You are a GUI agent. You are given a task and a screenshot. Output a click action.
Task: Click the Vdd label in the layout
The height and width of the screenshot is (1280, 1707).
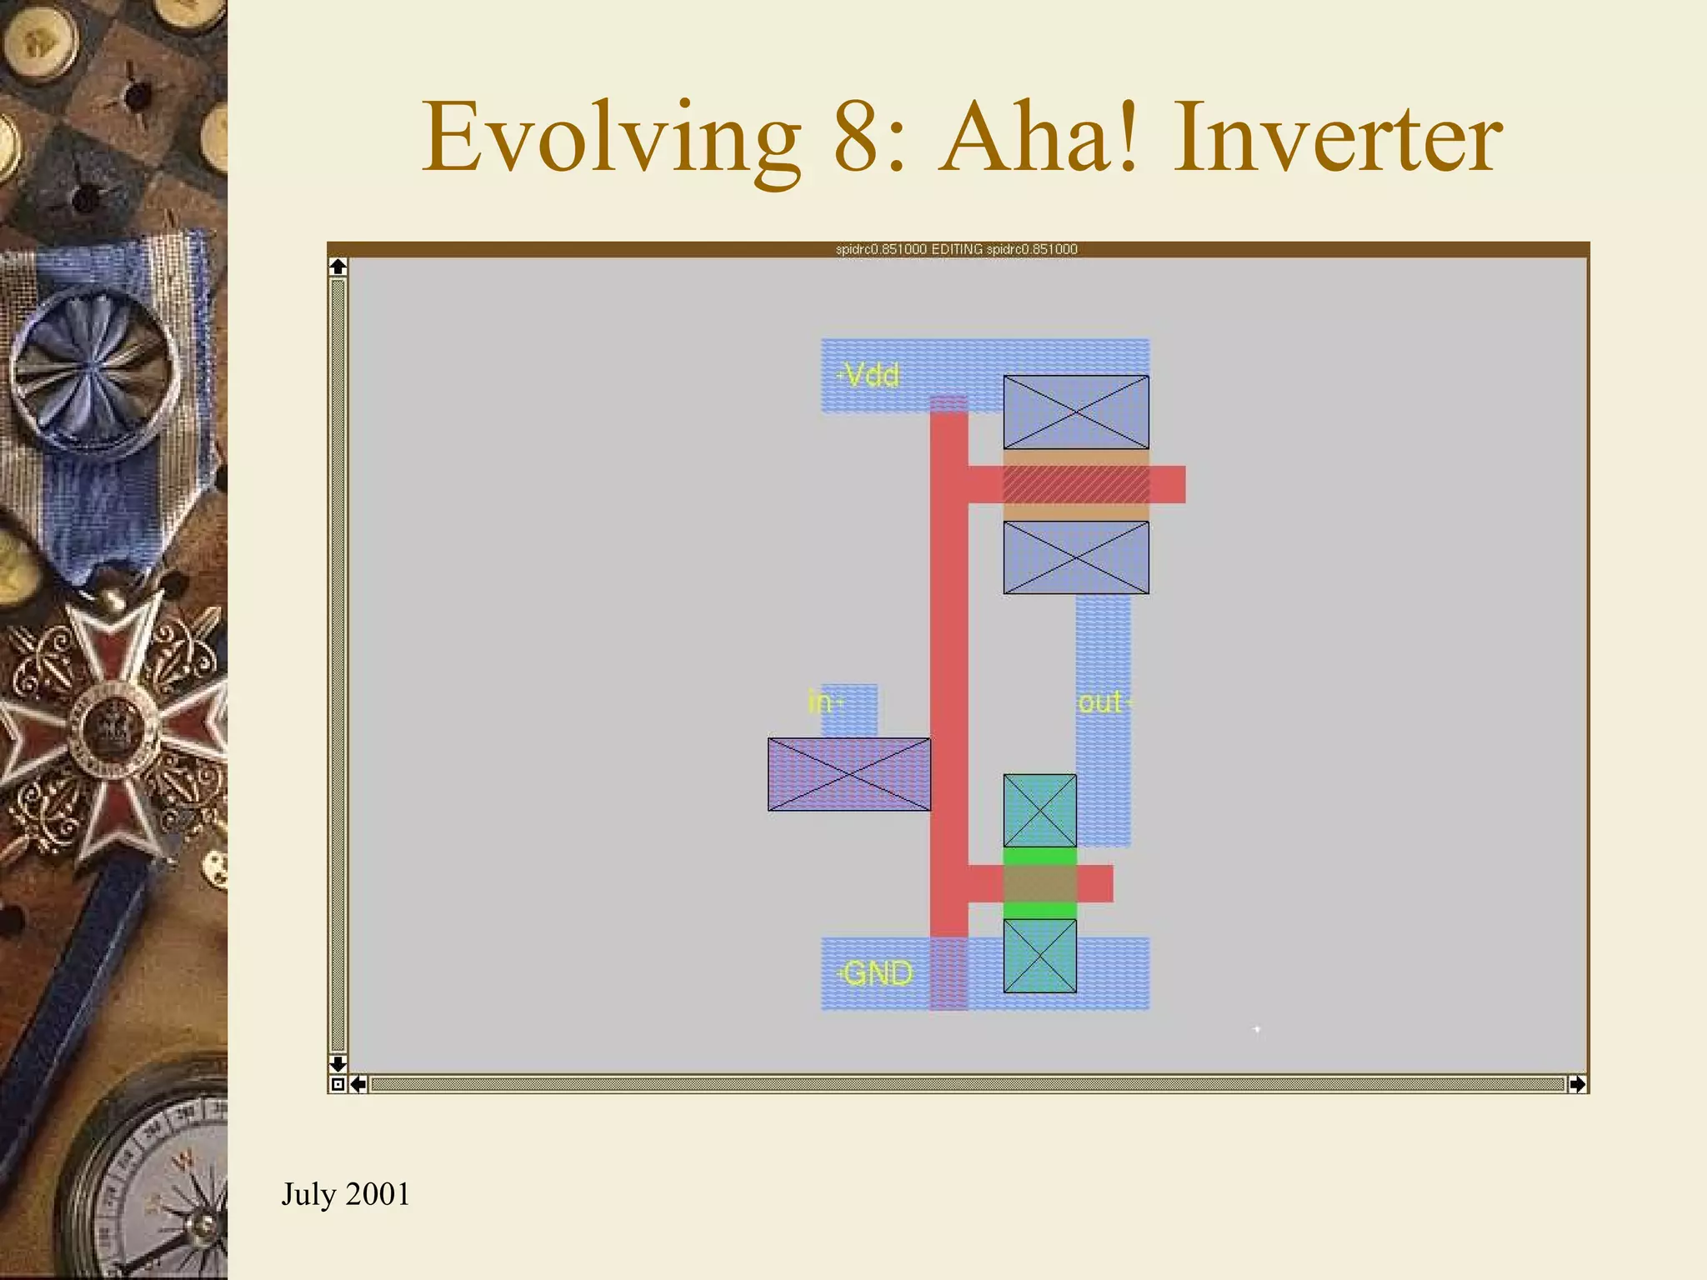pos(870,375)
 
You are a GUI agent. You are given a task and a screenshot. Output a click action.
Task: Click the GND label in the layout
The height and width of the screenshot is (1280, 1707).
pos(877,972)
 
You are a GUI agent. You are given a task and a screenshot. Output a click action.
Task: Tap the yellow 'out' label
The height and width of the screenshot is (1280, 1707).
pos(1101,702)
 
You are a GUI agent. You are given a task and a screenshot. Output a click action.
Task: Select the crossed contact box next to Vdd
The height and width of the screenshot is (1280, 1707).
pos(1075,412)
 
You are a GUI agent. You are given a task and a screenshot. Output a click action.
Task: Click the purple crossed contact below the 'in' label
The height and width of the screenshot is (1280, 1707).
pos(848,774)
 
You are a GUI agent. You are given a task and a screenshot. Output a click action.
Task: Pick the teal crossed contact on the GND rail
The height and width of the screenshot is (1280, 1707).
pos(1039,956)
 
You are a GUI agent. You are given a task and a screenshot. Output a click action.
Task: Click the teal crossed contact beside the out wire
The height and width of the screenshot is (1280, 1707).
pos(1039,810)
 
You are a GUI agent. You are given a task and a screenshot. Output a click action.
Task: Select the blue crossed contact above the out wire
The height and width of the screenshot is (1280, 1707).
pos(1075,557)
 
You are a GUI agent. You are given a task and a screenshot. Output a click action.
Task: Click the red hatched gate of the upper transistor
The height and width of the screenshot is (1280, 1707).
pos(1075,484)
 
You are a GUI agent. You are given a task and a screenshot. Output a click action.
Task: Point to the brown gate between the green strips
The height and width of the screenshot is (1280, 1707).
pos(1039,883)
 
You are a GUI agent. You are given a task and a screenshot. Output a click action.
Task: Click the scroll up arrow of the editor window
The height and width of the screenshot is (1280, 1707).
pos(338,267)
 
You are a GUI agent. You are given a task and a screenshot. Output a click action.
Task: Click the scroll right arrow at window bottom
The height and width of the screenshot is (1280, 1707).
pos(1577,1084)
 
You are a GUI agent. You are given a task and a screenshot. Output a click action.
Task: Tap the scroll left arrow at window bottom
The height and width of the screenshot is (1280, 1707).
pos(358,1084)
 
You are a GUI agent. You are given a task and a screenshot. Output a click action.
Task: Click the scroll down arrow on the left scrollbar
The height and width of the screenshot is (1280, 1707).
pos(338,1064)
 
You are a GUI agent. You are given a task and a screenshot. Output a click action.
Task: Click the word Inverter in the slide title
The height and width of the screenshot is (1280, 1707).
pos(1339,137)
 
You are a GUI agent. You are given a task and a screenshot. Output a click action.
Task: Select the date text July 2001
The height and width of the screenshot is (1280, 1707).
pos(345,1194)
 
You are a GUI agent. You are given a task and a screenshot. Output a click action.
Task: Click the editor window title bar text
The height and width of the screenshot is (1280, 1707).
pos(956,249)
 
